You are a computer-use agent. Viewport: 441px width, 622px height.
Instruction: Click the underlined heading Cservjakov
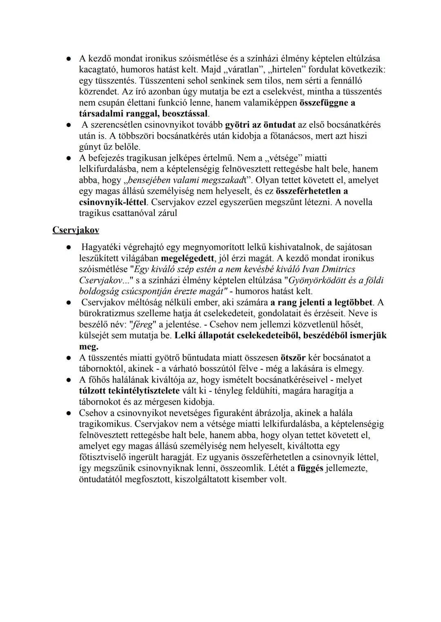tap(76, 230)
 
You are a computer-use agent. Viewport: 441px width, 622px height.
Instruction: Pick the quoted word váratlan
tap(244, 70)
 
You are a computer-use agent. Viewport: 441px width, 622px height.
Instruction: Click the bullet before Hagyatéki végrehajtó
tap(70, 247)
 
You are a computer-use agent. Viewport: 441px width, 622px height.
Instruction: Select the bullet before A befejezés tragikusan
tap(70, 158)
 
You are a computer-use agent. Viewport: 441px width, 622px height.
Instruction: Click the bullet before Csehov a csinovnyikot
tap(70, 413)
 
